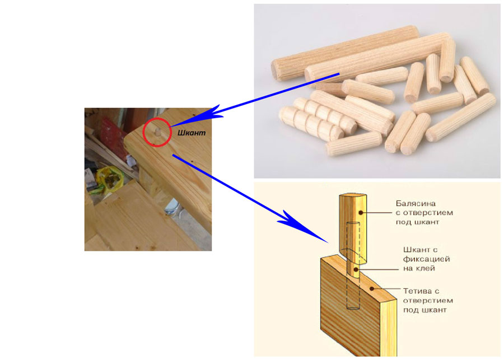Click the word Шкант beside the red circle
[x=192, y=133]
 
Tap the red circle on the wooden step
[x=143, y=133]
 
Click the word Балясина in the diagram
[x=416, y=203]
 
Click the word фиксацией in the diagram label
[x=426, y=259]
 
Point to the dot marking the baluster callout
[x=361, y=212]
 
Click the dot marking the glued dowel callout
[x=356, y=269]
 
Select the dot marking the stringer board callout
[x=372, y=289]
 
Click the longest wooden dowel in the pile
[x=379, y=57]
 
